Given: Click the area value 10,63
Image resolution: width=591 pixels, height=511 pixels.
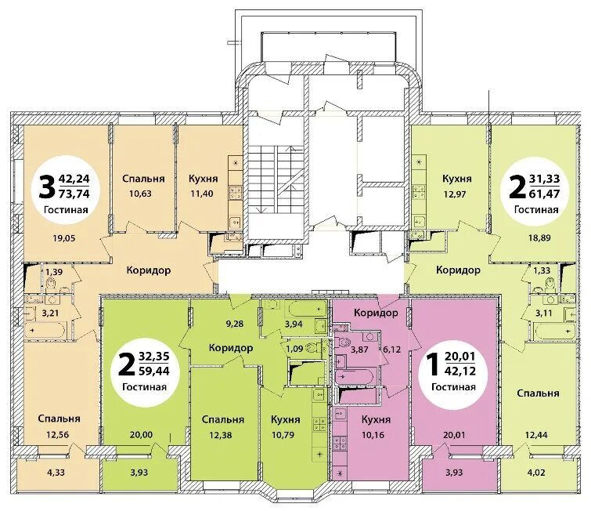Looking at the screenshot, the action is tap(140, 194).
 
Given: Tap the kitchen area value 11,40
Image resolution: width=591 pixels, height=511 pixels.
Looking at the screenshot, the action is tap(202, 194).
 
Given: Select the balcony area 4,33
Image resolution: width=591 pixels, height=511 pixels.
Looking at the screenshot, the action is tap(56, 472).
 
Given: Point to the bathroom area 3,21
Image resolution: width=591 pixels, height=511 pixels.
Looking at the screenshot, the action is tap(50, 313).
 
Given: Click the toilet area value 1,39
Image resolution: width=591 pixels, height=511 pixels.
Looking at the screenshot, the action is tap(54, 271).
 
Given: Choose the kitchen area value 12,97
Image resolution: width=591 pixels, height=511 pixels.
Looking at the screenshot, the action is tap(455, 194).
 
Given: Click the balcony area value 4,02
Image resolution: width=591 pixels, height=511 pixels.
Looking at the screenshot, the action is tap(535, 472).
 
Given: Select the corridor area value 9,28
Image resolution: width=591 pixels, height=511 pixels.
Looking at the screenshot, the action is tap(234, 324).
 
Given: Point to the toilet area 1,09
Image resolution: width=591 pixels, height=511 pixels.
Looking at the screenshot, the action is tap(294, 349).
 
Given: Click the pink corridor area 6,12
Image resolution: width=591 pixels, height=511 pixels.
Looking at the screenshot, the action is tap(392, 350).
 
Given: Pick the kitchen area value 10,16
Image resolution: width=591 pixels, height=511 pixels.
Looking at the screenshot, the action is tap(373, 435).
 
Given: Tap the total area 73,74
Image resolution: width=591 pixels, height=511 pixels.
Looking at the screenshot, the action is tap(74, 194).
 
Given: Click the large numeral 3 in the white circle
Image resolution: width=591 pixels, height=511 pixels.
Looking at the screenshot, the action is tap(47, 187).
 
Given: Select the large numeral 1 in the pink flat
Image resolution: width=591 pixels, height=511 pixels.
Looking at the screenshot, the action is tap(434, 364).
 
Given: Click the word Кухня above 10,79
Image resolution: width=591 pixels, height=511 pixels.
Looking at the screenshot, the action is tap(285, 419).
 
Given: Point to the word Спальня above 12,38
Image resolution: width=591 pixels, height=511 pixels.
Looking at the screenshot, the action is tap(223, 419).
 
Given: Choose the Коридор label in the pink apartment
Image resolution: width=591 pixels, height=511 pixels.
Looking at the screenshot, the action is tap(377, 313).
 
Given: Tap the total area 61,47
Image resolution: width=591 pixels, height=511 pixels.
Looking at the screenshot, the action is tap(545, 194).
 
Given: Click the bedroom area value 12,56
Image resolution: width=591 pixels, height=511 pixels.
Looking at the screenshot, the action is tap(58, 435).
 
